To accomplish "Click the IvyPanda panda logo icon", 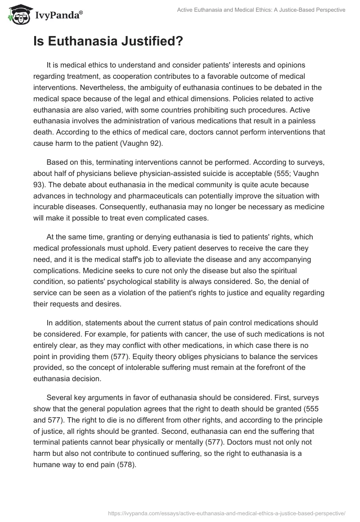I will pyautogui.click(x=17, y=15).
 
